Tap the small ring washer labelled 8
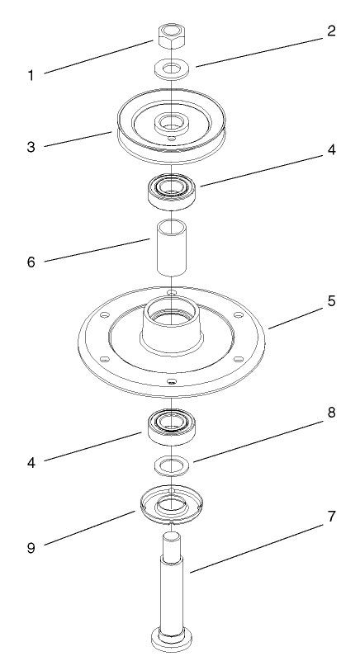click(x=170, y=465)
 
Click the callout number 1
click(x=31, y=76)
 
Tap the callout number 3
click(x=31, y=148)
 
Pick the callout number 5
click(x=331, y=301)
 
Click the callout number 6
click(x=31, y=263)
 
